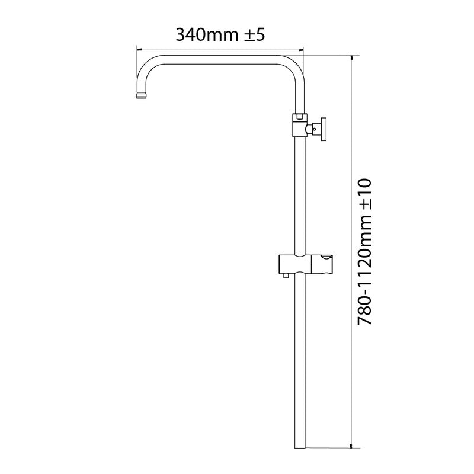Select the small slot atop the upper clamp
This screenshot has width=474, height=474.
(x=300, y=116)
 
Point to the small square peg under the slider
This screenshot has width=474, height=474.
(x=286, y=274)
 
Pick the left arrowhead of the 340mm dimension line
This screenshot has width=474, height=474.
(x=139, y=50)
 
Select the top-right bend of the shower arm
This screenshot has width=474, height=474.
(x=294, y=65)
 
